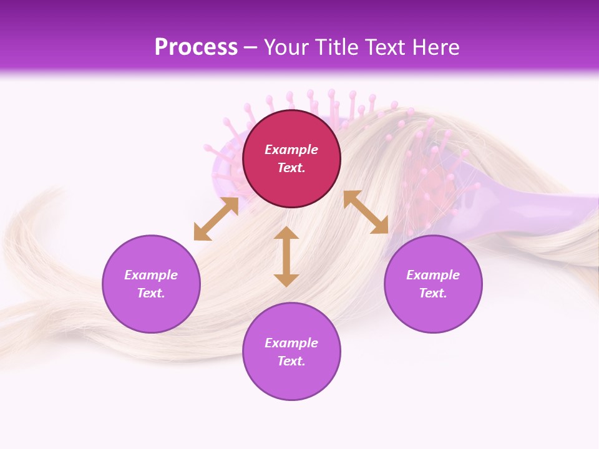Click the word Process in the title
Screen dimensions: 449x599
196,47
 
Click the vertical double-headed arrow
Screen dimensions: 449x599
286,256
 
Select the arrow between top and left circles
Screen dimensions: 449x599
216,219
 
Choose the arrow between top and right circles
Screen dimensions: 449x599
366,212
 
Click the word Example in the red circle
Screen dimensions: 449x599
291,150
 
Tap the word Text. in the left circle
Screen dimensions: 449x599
151,293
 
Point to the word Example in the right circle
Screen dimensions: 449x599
433,275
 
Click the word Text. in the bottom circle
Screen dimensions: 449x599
291,361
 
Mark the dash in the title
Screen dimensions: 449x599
251,48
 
